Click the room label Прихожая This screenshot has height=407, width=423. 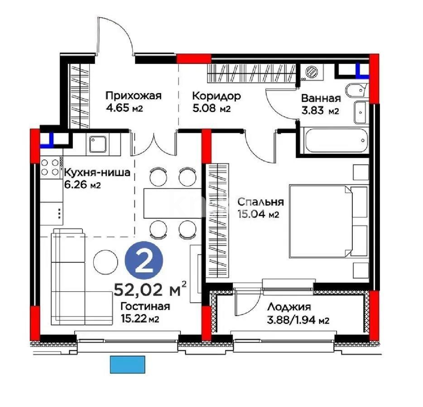pyautogui.click(x=134, y=96)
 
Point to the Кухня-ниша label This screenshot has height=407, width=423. pyautogui.click(x=97, y=173)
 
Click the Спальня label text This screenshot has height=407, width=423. pyautogui.click(x=260, y=202)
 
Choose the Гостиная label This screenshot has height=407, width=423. pyautogui.click(x=145, y=307)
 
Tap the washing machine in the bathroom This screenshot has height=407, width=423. pyautogui.click(x=312, y=72)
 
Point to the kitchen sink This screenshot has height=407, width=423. pyautogui.click(x=98, y=145)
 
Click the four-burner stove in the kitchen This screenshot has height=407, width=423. pyautogui.click(x=51, y=167)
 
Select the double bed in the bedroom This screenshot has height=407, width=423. pyautogui.click(x=328, y=221)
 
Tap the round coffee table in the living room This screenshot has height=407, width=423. pyautogui.click(x=106, y=261)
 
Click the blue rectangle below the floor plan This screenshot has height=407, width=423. pyautogui.click(x=128, y=364)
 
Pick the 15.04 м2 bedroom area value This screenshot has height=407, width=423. pyautogui.click(x=257, y=215)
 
